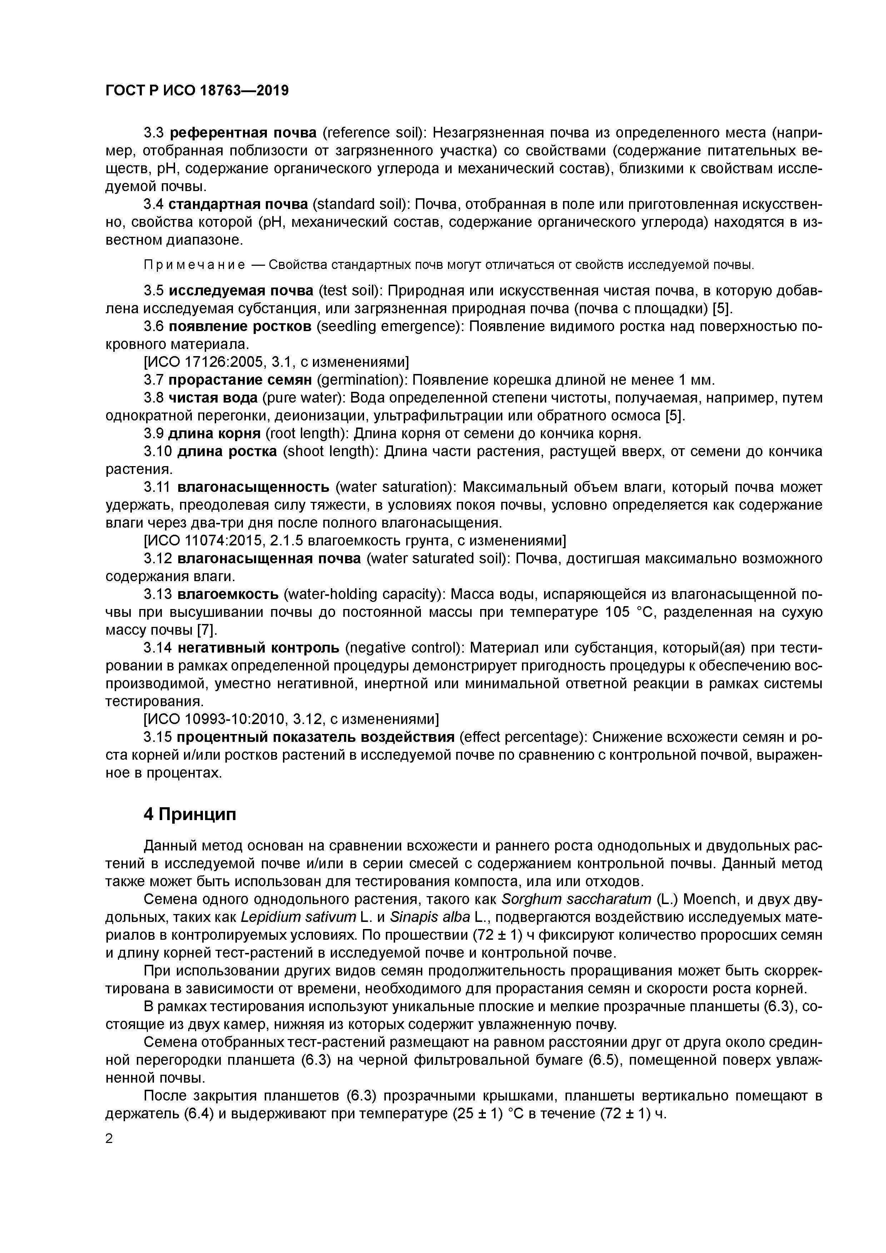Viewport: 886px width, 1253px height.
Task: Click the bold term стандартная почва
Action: click(238, 205)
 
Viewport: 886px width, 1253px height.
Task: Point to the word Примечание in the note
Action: click(194, 265)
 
